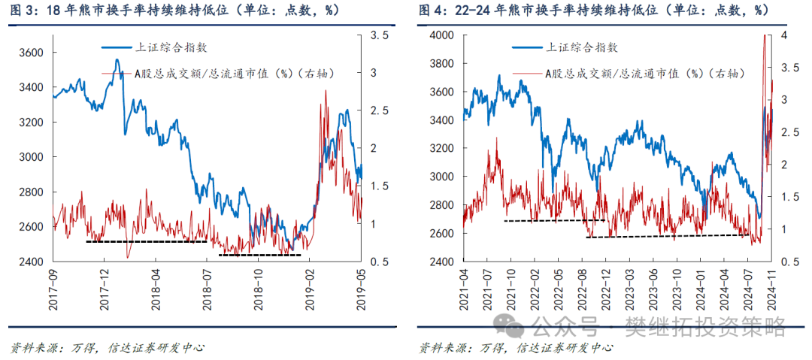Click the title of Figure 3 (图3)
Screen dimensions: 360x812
[x=174, y=11]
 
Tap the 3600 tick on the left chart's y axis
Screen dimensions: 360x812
[x=32, y=53]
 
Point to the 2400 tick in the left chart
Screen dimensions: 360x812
[x=32, y=262]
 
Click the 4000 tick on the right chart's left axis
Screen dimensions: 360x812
[x=441, y=35]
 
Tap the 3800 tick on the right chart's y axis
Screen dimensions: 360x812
[x=441, y=64]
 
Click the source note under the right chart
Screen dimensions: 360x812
[x=515, y=347]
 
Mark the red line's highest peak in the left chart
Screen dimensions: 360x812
[x=326, y=90]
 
